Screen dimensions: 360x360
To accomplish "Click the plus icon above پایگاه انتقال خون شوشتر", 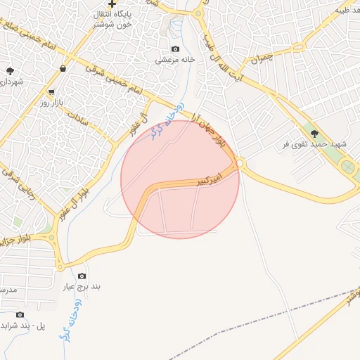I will click(x=112, y=4).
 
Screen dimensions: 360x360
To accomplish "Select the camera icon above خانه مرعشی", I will click(x=175, y=49).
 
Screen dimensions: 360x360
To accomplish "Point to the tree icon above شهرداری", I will click(x=10, y=71).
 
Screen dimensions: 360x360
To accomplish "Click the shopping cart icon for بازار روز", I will click(x=51, y=92).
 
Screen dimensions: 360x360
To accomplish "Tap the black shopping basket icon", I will click(x=64, y=69).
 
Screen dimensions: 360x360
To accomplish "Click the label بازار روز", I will click(x=52, y=103).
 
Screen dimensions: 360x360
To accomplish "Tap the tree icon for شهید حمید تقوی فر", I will click(x=314, y=133).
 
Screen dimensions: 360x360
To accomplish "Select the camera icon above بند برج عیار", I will click(x=82, y=276).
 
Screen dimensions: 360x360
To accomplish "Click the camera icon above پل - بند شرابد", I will click(x=20, y=314).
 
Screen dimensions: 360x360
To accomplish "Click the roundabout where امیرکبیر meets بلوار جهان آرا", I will click(x=240, y=164).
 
